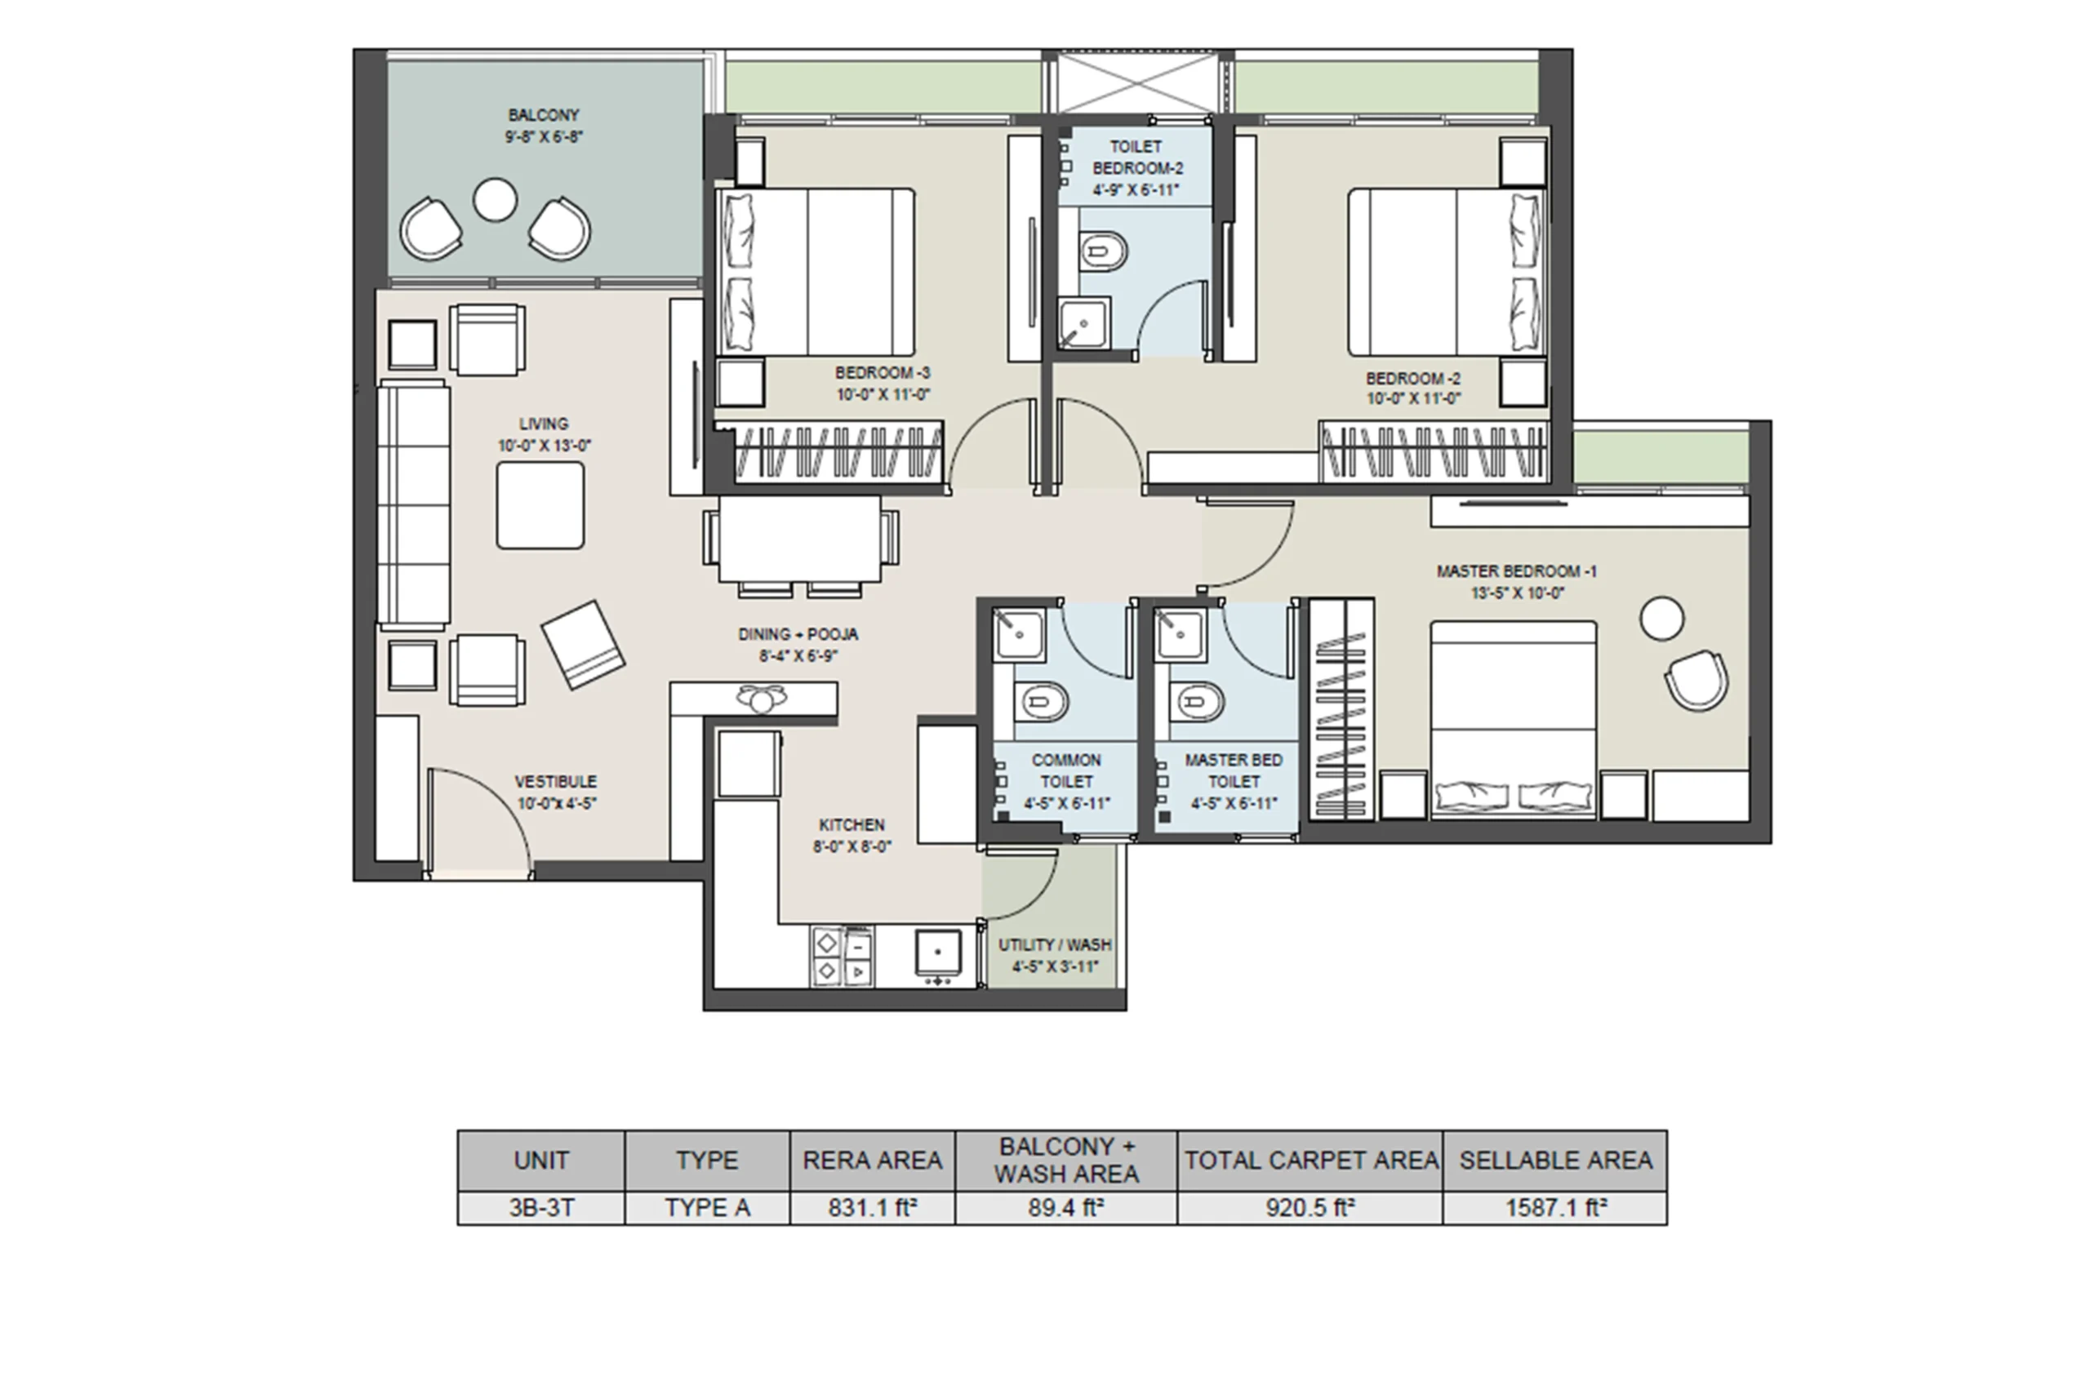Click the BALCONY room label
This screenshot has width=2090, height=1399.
pyautogui.click(x=544, y=115)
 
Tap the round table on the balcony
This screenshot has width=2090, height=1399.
pyautogui.click(x=496, y=200)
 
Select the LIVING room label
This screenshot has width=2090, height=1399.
pyautogui.click(x=544, y=424)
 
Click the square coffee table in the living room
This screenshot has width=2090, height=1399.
pyautogui.click(x=540, y=505)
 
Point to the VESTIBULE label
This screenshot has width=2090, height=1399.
pyautogui.click(x=556, y=782)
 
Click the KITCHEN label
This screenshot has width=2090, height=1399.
pyautogui.click(x=852, y=825)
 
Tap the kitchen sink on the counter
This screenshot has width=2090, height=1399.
pyautogui.click(x=938, y=952)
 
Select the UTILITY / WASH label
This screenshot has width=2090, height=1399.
pyautogui.click(x=1055, y=945)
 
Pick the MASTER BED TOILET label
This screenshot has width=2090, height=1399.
pyautogui.click(x=1234, y=771)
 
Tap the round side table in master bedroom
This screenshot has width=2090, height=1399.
pyautogui.click(x=1661, y=619)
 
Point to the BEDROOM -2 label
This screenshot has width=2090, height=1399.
pyautogui.click(x=1412, y=378)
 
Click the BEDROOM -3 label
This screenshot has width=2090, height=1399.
pyautogui.click(x=883, y=373)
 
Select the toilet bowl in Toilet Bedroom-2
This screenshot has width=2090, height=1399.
pyautogui.click(x=1104, y=251)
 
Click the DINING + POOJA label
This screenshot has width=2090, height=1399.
pyautogui.click(x=798, y=634)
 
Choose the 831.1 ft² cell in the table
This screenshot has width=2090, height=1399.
pyautogui.click(x=873, y=1208)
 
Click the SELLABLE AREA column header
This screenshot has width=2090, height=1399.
pyautogui.click(x=1555, y=1160)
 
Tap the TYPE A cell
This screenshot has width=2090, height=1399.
pyautogui.click(x=708, y=1208)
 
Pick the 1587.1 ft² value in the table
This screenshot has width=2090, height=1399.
pyautogui.click(x=1555, y=1208)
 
